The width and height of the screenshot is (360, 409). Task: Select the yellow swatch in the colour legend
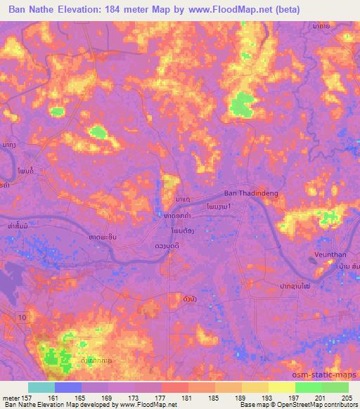[x=282, y=387]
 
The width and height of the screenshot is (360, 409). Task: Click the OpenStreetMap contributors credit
[x=318, y=405]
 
